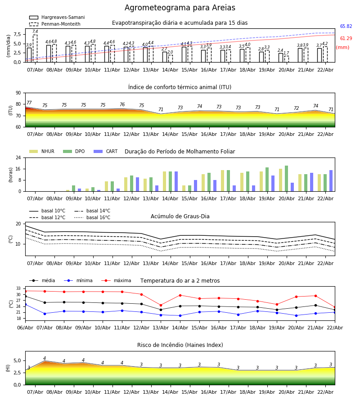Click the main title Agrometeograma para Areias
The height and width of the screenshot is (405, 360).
click(180, 8)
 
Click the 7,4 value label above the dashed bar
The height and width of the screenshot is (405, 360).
click(35, 31)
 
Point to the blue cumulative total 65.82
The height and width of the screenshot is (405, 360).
click(346, 27)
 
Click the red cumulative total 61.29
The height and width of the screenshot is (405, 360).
click(346, 39)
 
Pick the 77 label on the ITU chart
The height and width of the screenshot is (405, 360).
click(29, 103)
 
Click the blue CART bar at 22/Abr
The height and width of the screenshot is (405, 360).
click(331, 180)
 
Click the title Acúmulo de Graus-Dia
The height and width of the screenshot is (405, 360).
click(180, 216)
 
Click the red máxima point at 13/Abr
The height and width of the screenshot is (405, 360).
click(161, 305)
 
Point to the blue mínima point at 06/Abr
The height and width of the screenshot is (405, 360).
click(25, 305)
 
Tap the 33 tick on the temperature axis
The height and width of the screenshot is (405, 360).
click(18, 288)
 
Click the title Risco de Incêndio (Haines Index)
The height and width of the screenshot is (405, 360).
click(180, 345)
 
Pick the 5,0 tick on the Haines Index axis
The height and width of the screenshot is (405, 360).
click(17, 360)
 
